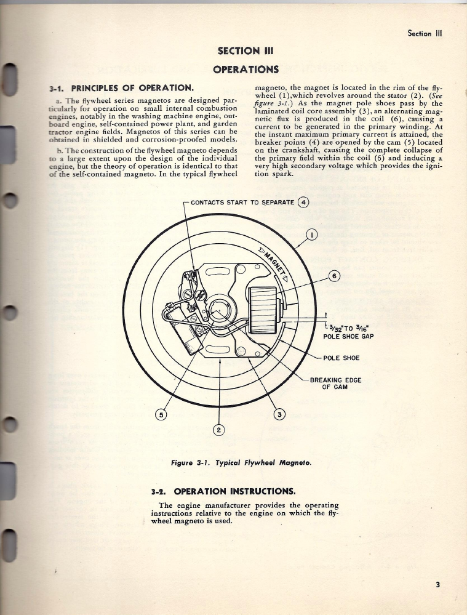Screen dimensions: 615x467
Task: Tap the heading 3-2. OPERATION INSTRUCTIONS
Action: point(223,491)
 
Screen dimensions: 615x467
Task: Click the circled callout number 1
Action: point(313,235)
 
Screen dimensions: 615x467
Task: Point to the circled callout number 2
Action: point(220,430)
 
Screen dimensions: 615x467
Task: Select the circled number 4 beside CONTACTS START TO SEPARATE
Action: point(303,202)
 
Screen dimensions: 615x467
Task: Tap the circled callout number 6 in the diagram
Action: point(333,276)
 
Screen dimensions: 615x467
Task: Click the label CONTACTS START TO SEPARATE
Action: point(244,202)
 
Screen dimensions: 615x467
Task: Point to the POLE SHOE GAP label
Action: point(348,336)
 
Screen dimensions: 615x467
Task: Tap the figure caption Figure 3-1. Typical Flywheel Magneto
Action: point(241,462)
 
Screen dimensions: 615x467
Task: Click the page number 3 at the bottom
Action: point(437,584)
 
